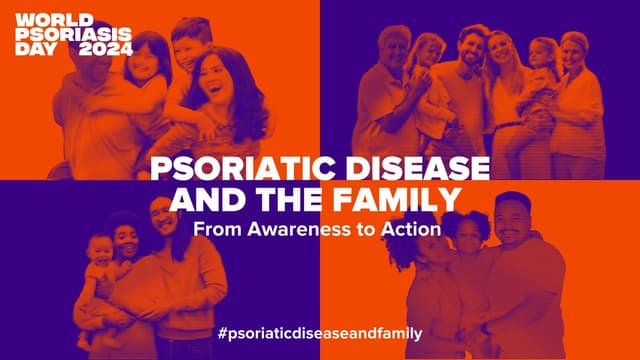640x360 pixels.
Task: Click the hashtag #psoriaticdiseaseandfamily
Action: tap(320, 331)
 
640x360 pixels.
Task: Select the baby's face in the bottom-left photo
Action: tap(100, 250)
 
